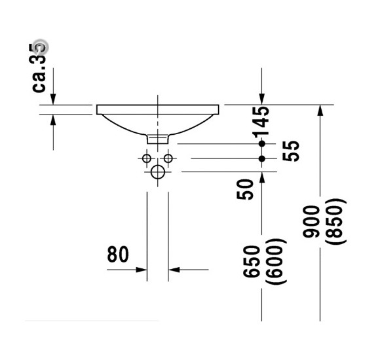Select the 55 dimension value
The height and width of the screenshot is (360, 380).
tap(292, 151)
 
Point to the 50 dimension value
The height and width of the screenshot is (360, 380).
tap(245, 189)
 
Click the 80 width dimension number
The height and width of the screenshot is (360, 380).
tap(118, 255)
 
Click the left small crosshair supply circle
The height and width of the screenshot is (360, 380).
tap(147, 158)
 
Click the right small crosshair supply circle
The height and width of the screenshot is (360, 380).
tap(168, 158)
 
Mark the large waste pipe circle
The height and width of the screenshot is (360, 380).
tap(158, 173)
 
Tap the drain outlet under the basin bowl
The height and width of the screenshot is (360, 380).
tap(158, 139)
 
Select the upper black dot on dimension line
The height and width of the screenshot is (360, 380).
tap(262, 143)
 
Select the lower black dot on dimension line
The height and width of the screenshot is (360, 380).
tap(262, 158)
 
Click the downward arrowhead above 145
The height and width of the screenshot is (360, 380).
tap(262, 98)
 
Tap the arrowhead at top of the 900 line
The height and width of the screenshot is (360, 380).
tap(320, 110)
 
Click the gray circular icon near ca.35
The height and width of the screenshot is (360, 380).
tap(41, 46)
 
